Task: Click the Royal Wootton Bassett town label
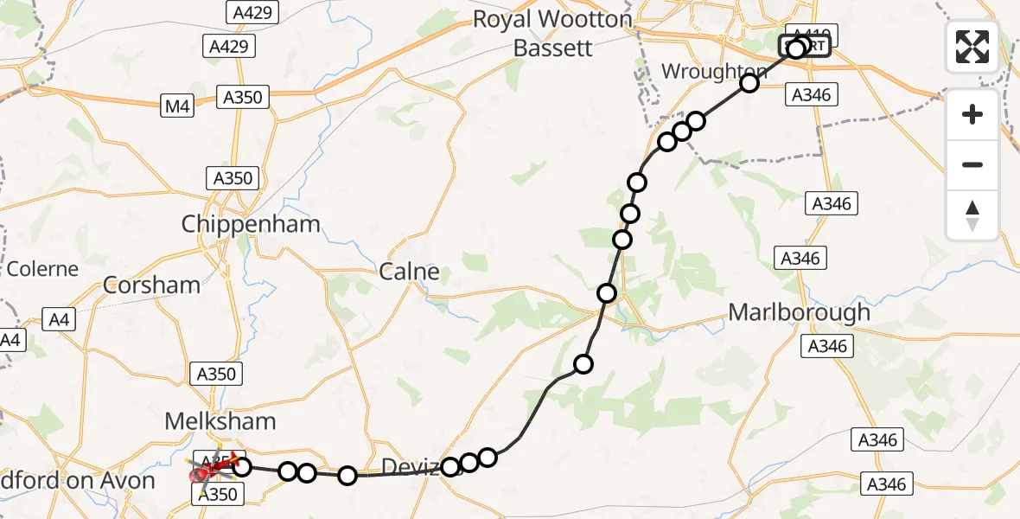click(x=552, y=33)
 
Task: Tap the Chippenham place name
click(x=251, y=225)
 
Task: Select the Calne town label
click(x=410, y=272)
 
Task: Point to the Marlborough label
click(x=800, y=312)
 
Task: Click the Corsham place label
click(x=151, y=285)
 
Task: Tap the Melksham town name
click(x=221, y=421)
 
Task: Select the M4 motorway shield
click(x=177, y=106)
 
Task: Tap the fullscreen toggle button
click(x=972, y=47)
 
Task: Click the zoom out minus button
click(x=972, y=164)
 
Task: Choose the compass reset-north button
click(x=972, y=215)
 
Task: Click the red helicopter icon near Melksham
click(x=210, y=471)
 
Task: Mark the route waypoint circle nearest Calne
click(x=607, y=293)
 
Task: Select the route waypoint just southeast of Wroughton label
click(x=749, y=83)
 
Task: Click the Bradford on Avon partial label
click(x=78, y=481)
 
